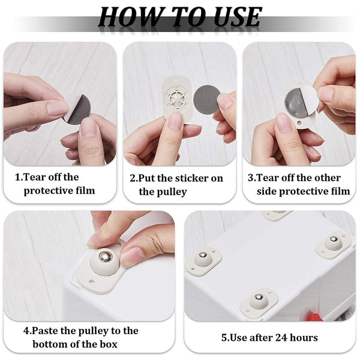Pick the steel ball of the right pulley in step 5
pyautogui.click(x=333, y=240)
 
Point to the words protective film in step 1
pyautogui.click(x=59, y=191)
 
